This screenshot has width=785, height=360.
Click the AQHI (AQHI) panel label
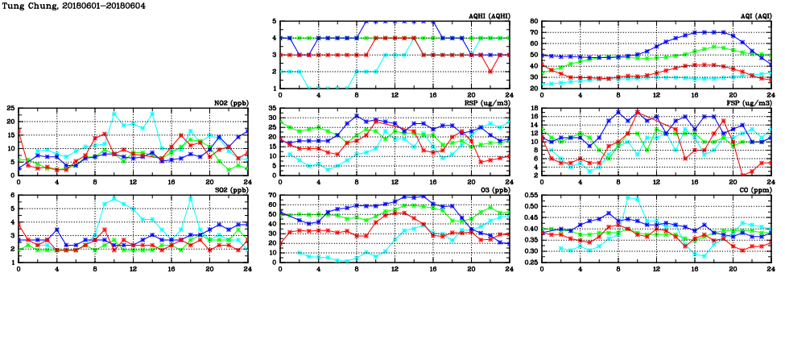pos(490,15)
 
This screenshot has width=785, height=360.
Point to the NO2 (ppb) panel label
pos(230,102)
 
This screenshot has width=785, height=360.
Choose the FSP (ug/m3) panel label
pos(752,102)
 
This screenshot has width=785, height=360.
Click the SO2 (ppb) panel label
pos(230,189)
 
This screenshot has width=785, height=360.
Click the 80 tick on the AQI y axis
pos(532,22)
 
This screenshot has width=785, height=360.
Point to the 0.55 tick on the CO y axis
pos(528,196)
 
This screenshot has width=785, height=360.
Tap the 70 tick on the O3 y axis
pos(271,196)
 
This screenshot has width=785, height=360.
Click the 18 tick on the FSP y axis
pos(532,109)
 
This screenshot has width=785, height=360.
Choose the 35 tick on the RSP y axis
pos(271,109)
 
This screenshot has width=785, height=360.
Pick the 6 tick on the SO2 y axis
pos(11,196)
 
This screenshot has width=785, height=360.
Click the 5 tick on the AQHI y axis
pos(274,22)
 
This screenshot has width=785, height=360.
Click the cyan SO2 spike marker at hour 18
pos(190,198)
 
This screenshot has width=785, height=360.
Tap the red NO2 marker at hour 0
pos(19,130)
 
